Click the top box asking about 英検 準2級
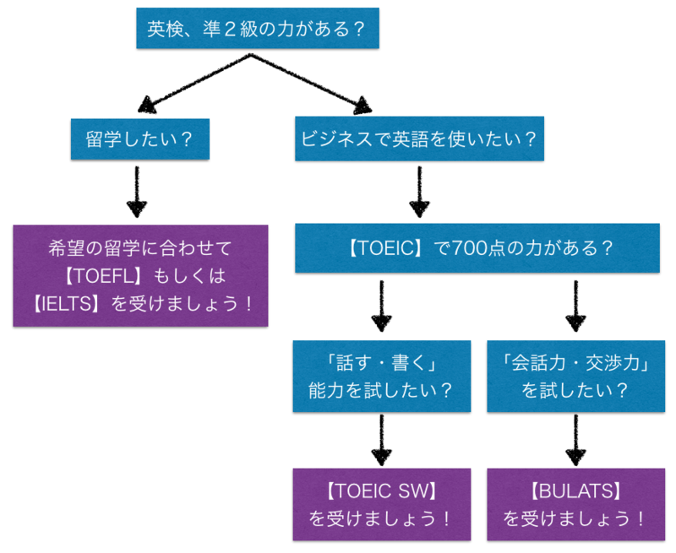coord(256,29)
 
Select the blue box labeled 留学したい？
coord(139,138)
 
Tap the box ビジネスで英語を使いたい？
coord(419,138)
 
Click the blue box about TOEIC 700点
coord(477,249)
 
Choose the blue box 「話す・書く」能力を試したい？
coord(381,377)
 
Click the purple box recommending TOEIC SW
coord(381,504)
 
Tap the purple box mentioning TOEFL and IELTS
coord(139,275)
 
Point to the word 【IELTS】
coord(71,302)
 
